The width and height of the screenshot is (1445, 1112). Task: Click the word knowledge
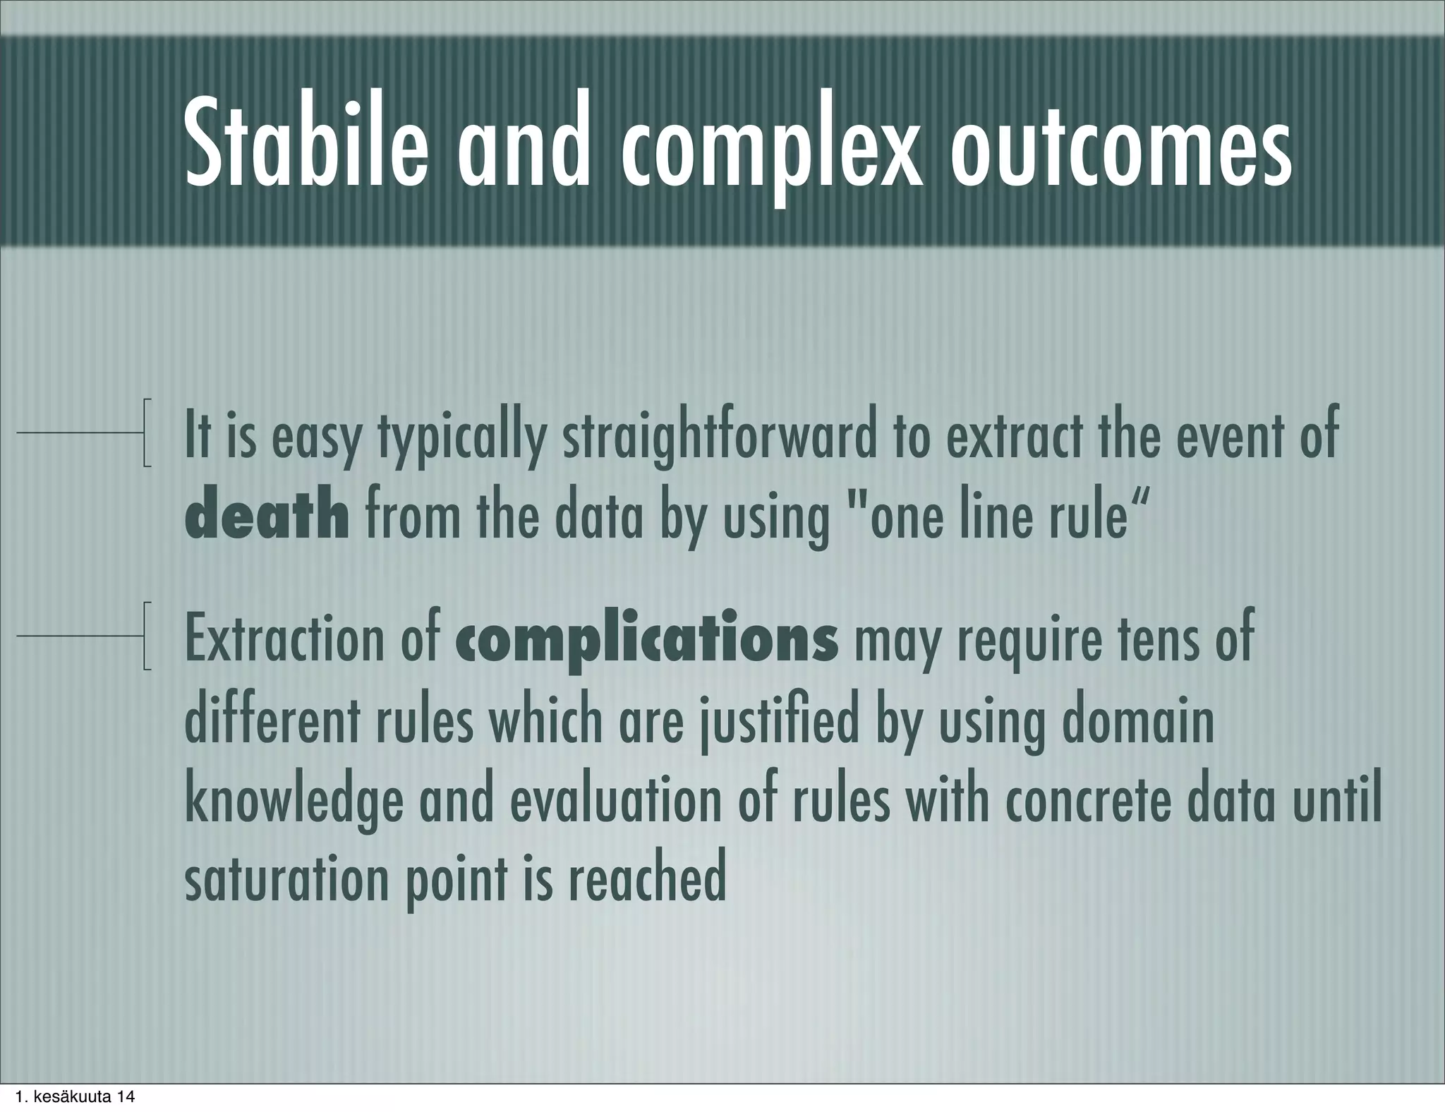294,802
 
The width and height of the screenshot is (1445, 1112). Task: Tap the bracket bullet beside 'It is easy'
146,433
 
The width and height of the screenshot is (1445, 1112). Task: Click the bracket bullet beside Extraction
146,636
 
